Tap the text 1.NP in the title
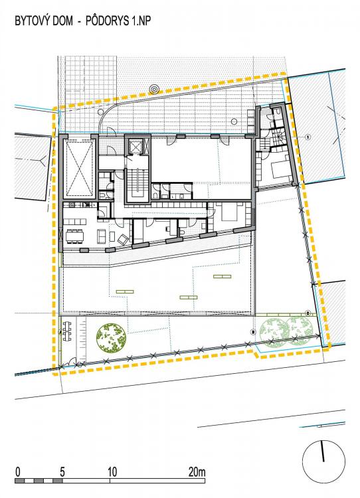[x=139, y=21]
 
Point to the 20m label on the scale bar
[x=197, y=471]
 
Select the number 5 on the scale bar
[x=62, y=471]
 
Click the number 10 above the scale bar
[x=112, y=471]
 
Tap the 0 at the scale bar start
[x=18, y=471]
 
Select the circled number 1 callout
[x=308, y=137]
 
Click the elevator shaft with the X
[x=137, y=147]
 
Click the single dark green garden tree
[x=111, y=338]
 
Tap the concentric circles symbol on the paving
[x=154, y=89]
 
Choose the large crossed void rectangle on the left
[x=80, y=168]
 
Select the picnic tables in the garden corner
[x=66, y=331]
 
